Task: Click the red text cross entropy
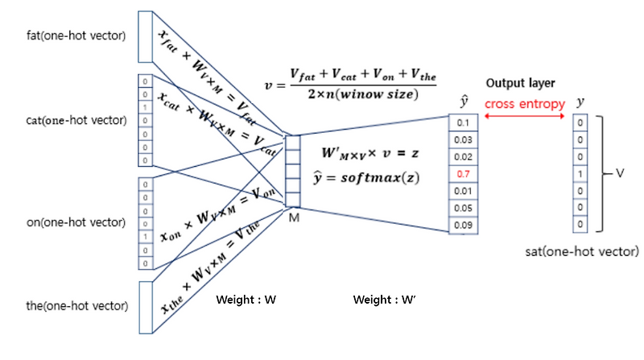pyautogui.click(x=524, y=103)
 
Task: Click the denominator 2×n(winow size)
pyautogui.click(x=363, y=95)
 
